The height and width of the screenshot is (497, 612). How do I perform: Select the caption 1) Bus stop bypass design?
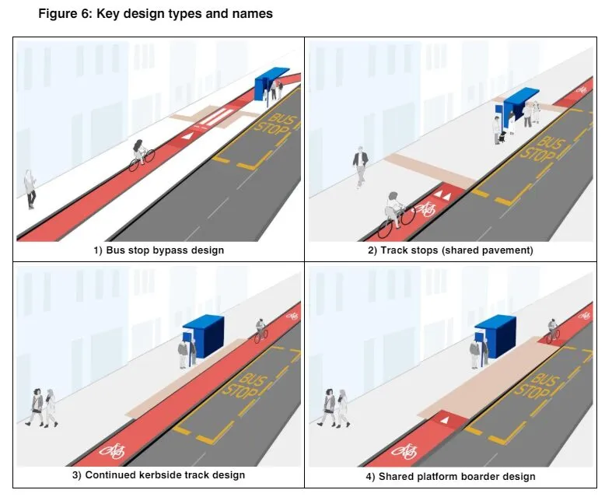point(158,250)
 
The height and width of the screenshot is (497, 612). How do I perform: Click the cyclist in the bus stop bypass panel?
point(141,155)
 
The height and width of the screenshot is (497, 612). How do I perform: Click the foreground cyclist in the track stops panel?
point(394,212)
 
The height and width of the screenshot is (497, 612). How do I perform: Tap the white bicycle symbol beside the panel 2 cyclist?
point(427,207)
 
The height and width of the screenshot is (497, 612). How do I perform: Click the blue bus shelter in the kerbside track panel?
point(203,336)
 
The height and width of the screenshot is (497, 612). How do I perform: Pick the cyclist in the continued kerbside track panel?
point(261,330)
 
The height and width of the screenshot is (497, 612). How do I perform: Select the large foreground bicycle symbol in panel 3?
point(113,450)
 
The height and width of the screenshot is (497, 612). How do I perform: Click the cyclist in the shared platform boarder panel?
point(553,330)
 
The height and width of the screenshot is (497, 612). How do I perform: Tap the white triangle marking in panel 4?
point(445,420)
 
